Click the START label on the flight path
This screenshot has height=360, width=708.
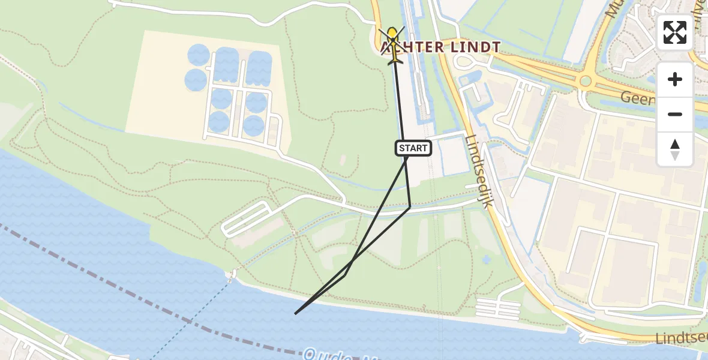click(x=413, y=148)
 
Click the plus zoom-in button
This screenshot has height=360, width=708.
click(x=675, y=80)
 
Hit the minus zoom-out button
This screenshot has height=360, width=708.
click(x=675, y=114)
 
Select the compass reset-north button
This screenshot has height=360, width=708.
click(x=675, y=149)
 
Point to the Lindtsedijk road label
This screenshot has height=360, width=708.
click(x=479, y=171)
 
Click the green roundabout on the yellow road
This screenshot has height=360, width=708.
click(x=586, y=81)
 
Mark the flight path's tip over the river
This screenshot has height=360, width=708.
click(x=295, y=313)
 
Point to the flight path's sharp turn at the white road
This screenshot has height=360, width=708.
click(x=410, y=208)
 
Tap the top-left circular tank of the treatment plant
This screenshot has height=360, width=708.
click(x=198, y=56)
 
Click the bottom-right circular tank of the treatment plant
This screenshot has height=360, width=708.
click(x=254, y=125)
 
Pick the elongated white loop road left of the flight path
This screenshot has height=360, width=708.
click(x=246, y=218)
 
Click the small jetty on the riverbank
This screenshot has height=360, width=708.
click(x=231, y=275)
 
